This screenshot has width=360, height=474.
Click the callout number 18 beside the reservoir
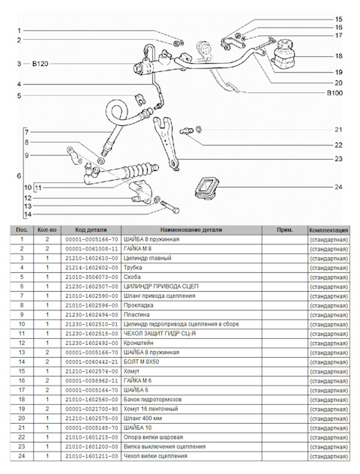pos(338,56)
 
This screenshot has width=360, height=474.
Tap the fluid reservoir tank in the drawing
pos(283,52)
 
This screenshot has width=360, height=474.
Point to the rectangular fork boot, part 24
pos(206,187)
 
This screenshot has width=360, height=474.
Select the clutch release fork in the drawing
pos(166,141)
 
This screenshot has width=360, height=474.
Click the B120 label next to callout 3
pos(40,64)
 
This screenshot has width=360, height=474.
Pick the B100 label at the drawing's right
pos(334,93)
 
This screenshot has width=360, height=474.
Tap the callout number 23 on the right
pos(338,159)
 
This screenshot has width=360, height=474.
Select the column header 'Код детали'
pos(91,229)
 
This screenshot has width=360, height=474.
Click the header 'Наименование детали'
pos(191,229)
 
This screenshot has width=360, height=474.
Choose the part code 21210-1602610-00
pos(91,259)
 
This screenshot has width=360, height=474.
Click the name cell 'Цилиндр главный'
pos(148,258)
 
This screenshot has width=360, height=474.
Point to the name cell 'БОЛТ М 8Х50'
pos(141,361)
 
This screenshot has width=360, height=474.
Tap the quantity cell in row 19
pos(47,409)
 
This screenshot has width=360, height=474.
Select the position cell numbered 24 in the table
pos(22,456)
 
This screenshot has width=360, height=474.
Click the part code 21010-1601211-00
pos(91,456)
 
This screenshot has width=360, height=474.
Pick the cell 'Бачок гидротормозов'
pos(153,400)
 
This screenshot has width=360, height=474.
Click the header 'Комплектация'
pos(328,230)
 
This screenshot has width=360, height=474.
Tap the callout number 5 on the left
pos(19,96)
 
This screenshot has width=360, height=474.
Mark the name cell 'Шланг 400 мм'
pos(142,418)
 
